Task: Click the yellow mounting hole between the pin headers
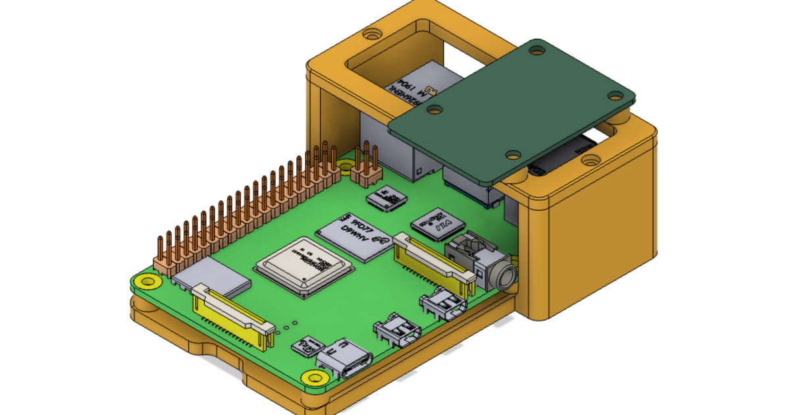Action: pyautogui.click(x=344, y=167)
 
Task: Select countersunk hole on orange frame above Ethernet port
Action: pyautogui.click(x=373, y=32)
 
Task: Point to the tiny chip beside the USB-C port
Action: pyautogui.click(x=305, y=347)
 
